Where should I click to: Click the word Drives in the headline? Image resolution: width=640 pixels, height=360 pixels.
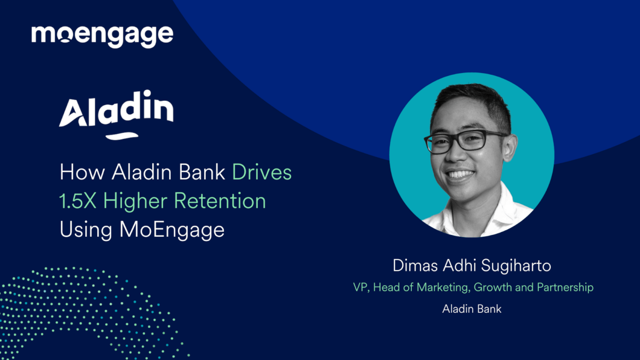(x=262, y=173)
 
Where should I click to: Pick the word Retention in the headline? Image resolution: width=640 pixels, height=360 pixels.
(x=220, y=201)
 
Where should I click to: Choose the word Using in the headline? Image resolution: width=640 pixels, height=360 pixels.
(x=86, y=230)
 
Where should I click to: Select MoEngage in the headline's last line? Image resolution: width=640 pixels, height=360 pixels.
(x=172, y=230)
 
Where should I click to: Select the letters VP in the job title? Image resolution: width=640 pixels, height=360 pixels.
(x=361, y=288)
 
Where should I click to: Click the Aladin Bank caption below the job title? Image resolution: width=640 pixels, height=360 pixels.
(x=472, y=309)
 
